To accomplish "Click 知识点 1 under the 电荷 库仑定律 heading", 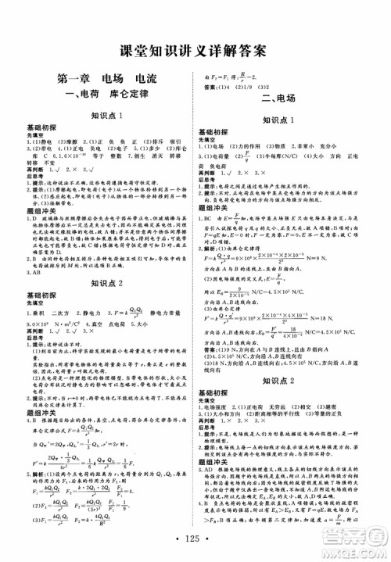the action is [x=108, y=116].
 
